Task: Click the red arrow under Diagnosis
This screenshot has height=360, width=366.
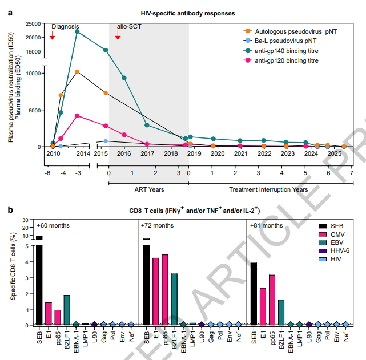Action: pos(53,35)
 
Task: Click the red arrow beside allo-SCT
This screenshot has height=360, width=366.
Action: pos(118,35)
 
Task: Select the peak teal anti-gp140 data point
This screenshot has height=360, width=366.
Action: pos(77,31)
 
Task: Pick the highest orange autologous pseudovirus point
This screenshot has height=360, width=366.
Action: pos(77,72)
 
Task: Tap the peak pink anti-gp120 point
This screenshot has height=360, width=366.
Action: pos(77,116)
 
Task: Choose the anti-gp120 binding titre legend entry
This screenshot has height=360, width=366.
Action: pos(281,60)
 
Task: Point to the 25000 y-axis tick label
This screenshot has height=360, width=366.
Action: pos(33,24)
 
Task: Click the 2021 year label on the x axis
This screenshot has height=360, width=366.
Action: pos(240,153)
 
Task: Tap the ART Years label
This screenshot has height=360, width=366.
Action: pos(149,189)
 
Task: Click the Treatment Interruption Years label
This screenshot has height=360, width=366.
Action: pos(268,189)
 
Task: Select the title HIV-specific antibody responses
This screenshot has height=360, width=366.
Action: pos(188,14)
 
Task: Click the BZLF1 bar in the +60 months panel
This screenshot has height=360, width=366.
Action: pos(67,310)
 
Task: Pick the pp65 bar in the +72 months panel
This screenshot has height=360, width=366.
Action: pos(165,290)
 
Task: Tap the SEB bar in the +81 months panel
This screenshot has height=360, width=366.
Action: pos(254,294)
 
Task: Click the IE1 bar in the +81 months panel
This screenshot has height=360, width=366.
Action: pos(263,306)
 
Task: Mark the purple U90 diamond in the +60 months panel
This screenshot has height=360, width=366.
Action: pos(94,324)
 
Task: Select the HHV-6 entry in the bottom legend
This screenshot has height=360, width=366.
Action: pos(334,251)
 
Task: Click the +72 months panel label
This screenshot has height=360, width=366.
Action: pos(158,225)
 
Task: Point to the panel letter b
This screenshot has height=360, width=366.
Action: pos(10,210)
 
